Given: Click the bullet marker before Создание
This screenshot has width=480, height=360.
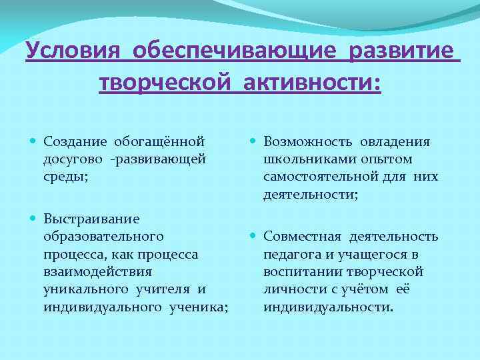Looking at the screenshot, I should pyautogui.click(x=34, y=142).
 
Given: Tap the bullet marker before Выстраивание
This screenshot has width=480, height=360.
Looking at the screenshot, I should pyautogui.click(x=34, y=219).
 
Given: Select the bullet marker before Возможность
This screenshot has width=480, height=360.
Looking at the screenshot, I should pyautogui.click(x=254, y=142).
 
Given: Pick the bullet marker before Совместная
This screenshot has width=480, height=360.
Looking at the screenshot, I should pyautogui.click(x=254, y=237).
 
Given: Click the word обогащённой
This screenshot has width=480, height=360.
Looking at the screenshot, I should pyautogui.click(x=158, y=142).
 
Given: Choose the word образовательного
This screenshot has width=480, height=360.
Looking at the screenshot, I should pyautogui.click(x=103, y=236).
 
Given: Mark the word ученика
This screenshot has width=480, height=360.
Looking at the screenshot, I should pyautogui.click(x=197, y=306).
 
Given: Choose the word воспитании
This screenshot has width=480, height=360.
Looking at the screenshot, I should pyautogui.click(x=298, y=271).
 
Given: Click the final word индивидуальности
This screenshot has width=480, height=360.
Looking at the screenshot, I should pyautogui.click(x=328, y=307).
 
